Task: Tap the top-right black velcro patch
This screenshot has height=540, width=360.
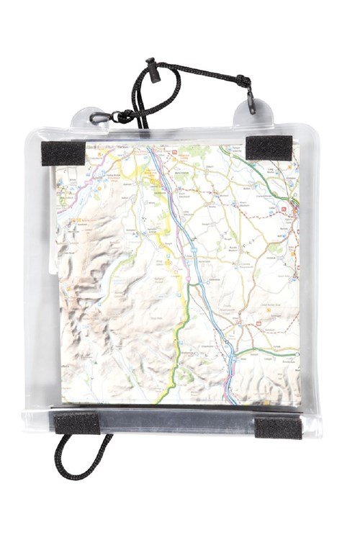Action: click(x=267, y=147)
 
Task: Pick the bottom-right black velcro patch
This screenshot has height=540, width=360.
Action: click(x=279, y=427)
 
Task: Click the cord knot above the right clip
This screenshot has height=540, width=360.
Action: click(x=243, y=81)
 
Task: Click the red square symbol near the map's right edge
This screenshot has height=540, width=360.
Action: click(x=282, y=211)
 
